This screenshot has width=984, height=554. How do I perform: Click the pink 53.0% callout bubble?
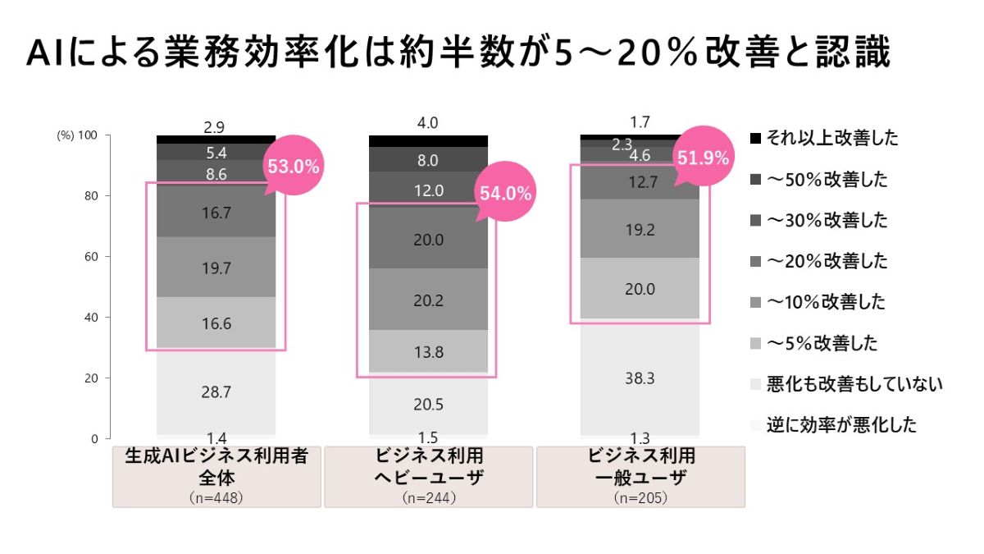point(293,167)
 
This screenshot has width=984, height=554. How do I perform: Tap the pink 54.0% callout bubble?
point(504,195)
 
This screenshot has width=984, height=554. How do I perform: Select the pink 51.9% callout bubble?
point(702,158)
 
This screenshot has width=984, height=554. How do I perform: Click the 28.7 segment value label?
point(216,392)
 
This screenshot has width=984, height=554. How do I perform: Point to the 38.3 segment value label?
point(640,378)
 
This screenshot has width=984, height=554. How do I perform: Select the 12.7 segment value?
point(640,183)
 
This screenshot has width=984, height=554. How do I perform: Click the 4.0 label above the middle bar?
point(428,123)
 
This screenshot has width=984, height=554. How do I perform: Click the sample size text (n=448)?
point(216,497)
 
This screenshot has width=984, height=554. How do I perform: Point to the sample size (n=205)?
point(640,497)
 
